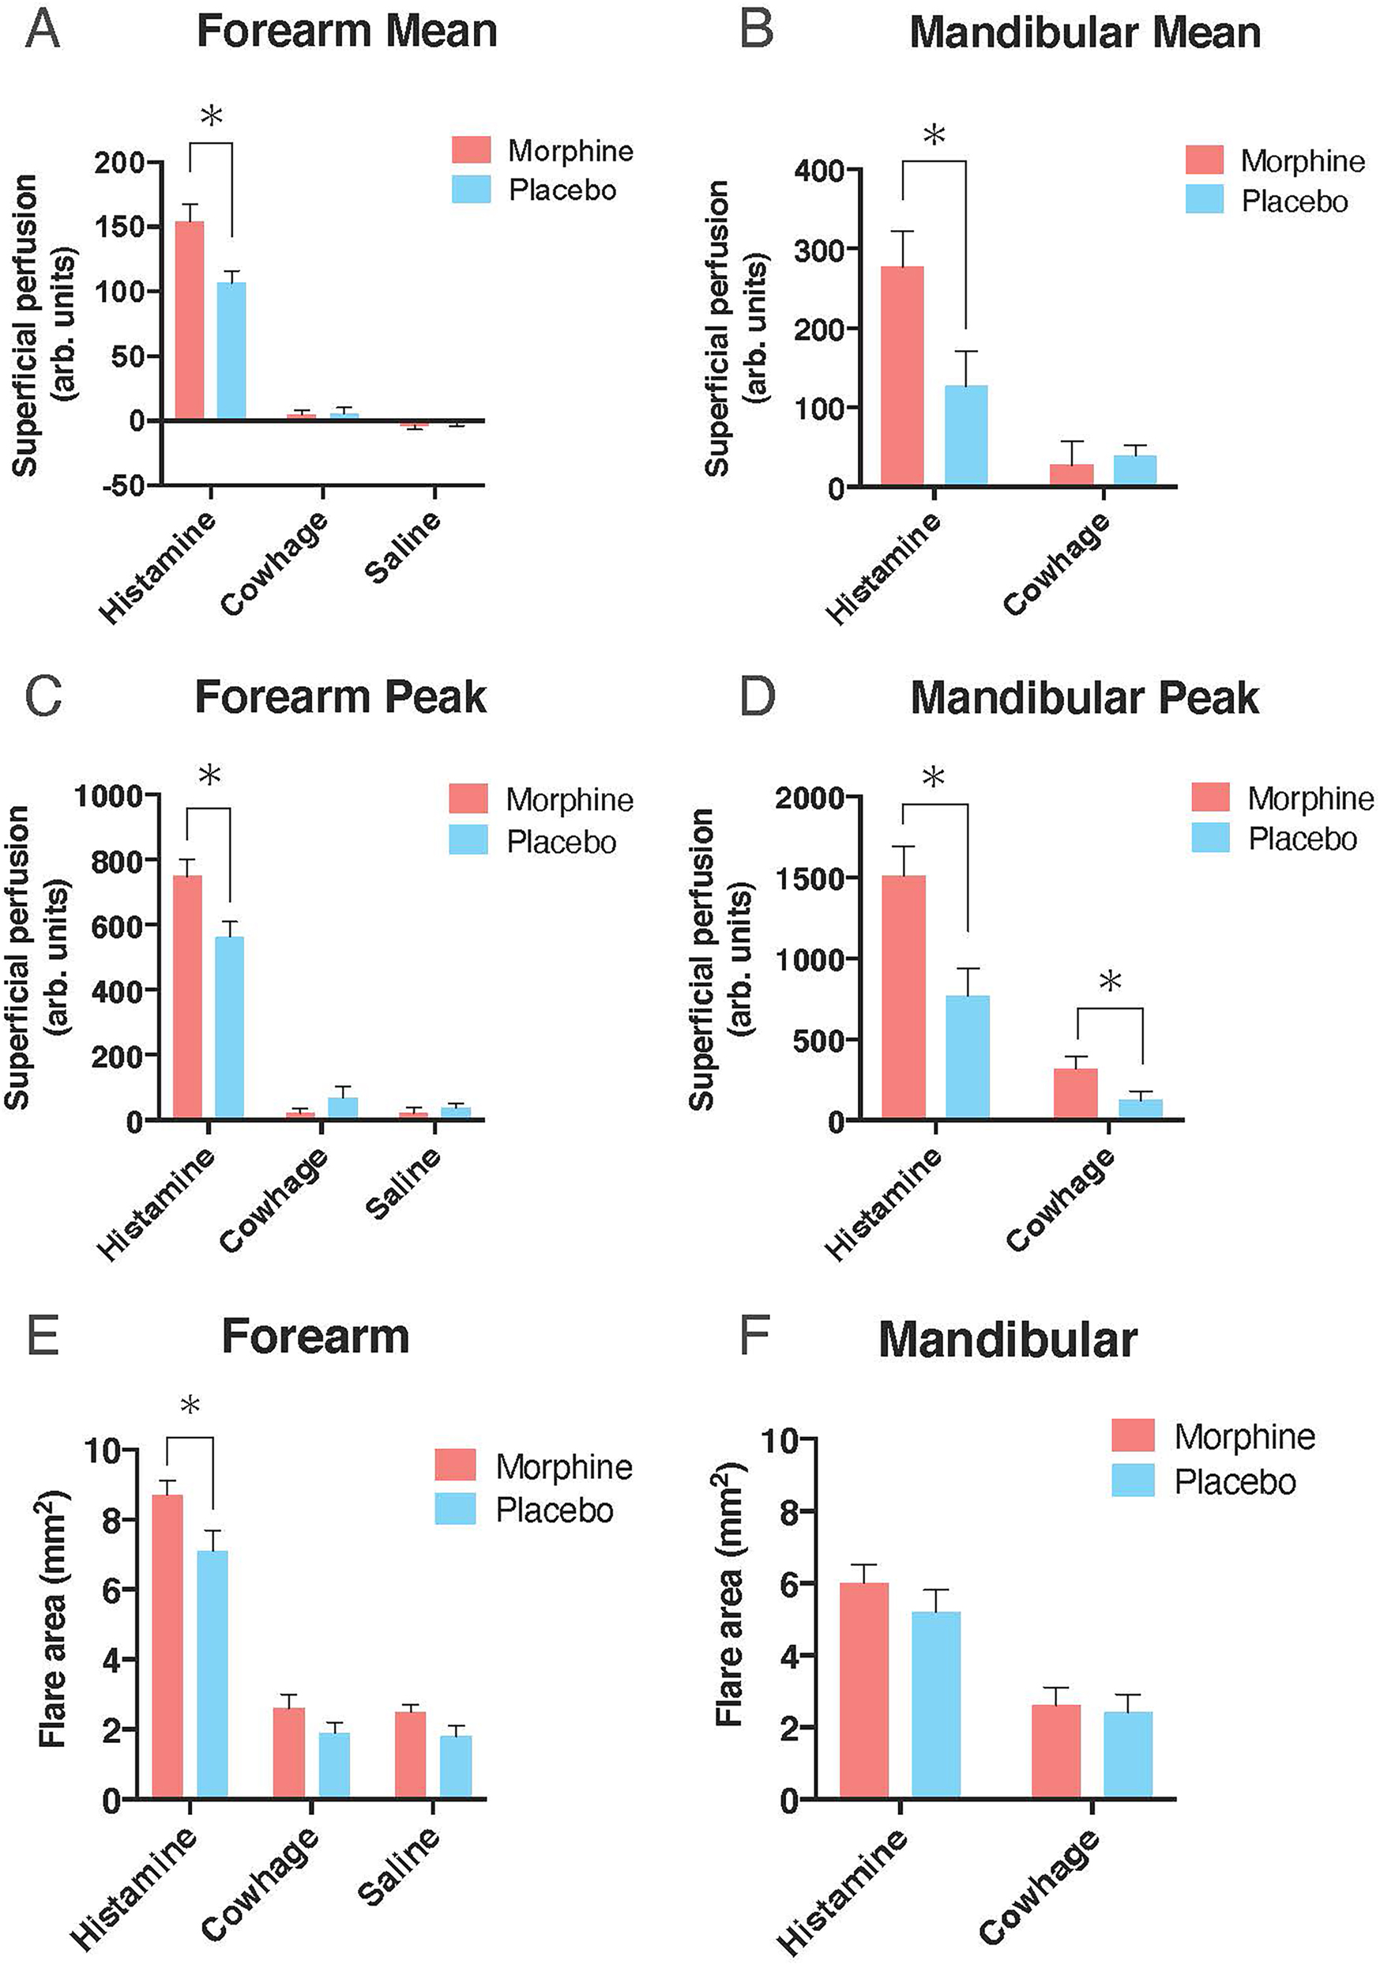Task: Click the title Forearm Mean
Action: pyautogui.click(x=347, y=32)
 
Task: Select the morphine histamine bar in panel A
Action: pyautogui.click(x=189, y=320)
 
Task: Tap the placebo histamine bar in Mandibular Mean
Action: pyautogui.click(x=966, y=435)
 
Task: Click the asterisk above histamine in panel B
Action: pyautogui.click(x=934, y=135)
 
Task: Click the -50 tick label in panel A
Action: pyautogui.click(x=122, y=485)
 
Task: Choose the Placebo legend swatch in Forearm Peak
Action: pyautogui.click(x=468, y=840)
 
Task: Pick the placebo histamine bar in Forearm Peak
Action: pyautogui.click(x=229, y=1027)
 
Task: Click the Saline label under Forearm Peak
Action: pyautogui.click(x=402, y=1183)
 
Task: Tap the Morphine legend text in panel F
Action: pyautogui.click(x=1244, y=1436)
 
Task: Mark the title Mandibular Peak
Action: pyautogui.click(x=1084, y=699)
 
